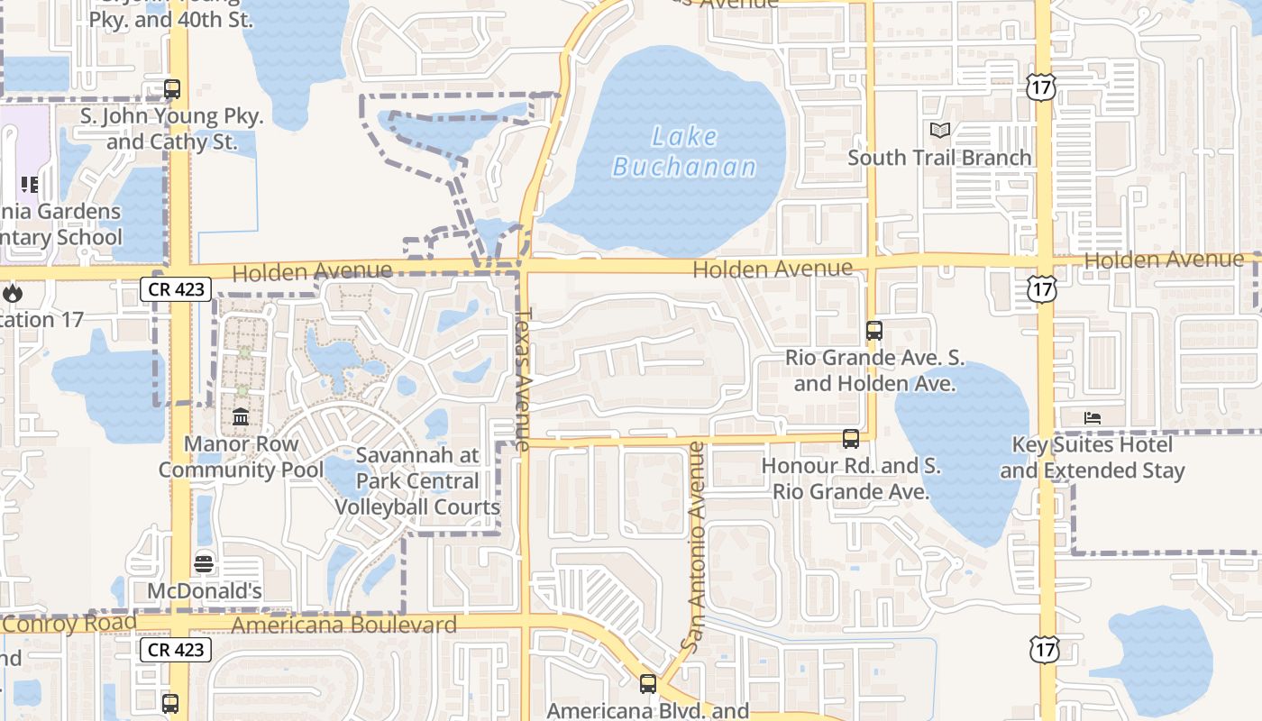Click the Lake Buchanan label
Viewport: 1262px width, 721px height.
click(x=684, y=151)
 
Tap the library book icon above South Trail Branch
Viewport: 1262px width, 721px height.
click(x=940, y=131)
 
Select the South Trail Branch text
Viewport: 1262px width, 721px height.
click(x=939, y=158)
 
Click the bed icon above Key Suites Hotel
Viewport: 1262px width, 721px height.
click(x=1093, y=418)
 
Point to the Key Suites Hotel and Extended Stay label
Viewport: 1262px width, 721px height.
click(x=1093, y=458)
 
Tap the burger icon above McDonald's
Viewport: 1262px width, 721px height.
click(x=205, y=564)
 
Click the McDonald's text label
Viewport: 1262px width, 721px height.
click(x=205, y=591)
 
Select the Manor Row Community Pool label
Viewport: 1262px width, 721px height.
click(x=241, y=457)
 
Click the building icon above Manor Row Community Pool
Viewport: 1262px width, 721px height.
click(x=241, y=417)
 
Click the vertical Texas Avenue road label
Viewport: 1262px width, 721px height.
click(x=523, y=379)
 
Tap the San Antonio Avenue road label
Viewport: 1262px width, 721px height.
click(x=694, y=545)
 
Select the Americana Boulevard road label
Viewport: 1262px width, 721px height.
click(x=344, y=625)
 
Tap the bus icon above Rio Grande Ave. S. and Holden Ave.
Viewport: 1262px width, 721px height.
click(x=873, y=331)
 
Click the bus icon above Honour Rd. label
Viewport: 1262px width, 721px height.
click(x=850, y=440)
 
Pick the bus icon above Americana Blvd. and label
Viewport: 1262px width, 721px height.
click(x=647, y=684)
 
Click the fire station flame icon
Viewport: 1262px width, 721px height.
click(x=12, y=293)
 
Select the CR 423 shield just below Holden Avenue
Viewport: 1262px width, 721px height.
click(x=176, y=289)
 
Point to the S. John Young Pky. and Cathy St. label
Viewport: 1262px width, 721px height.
click(x=172, y=129)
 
